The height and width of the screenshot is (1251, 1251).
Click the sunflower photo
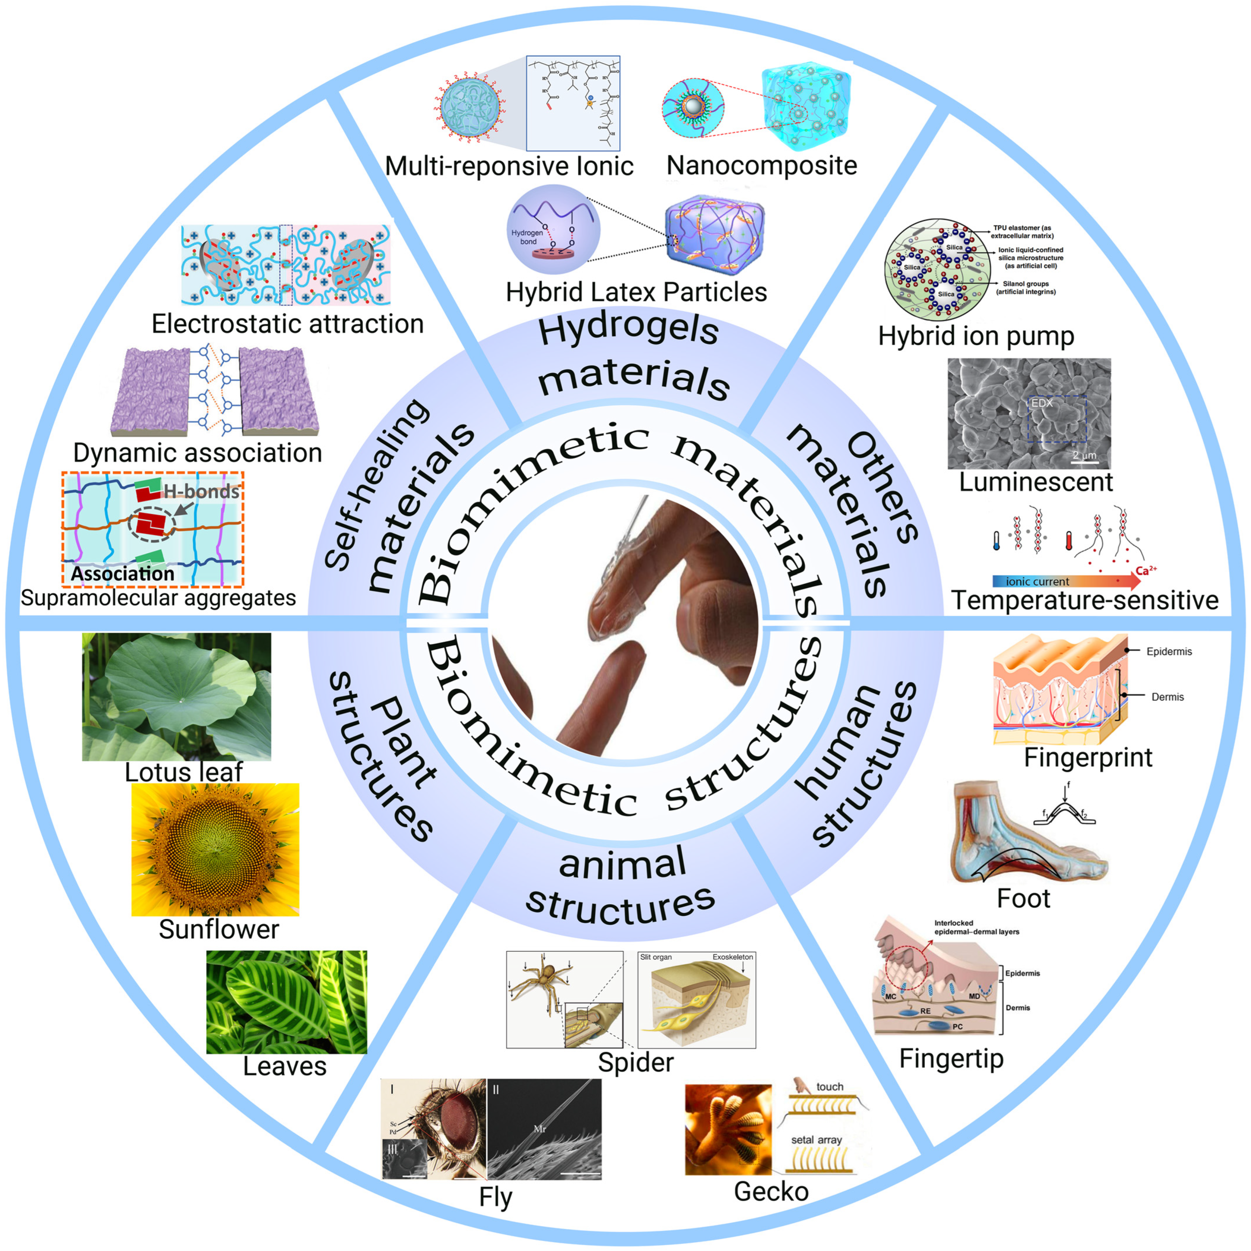215,849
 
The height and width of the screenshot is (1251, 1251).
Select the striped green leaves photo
286,1002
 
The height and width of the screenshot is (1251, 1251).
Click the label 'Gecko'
771,1191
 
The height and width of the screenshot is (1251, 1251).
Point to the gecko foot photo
728,1130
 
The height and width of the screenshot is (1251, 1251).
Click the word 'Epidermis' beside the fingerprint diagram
1169,651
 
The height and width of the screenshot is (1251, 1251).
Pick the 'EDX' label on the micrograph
1042,403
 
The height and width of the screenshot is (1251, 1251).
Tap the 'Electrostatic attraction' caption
288,324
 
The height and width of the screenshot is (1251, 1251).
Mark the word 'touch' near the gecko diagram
830,1086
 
